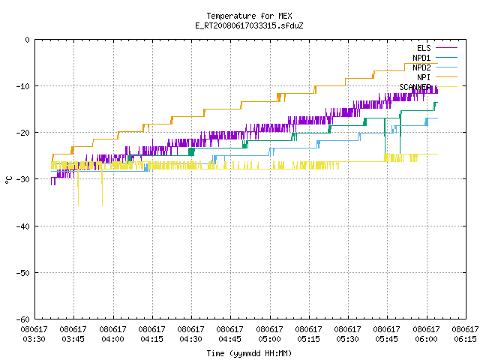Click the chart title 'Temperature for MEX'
249,16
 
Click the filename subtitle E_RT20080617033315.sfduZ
249,25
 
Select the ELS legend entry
436,48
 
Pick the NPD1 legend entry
435,58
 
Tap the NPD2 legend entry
435,67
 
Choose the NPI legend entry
436,77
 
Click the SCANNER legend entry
428,87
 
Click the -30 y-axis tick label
23,179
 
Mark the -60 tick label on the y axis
23,319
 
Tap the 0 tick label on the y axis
28,40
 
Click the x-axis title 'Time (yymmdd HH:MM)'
249,353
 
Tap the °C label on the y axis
8,180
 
